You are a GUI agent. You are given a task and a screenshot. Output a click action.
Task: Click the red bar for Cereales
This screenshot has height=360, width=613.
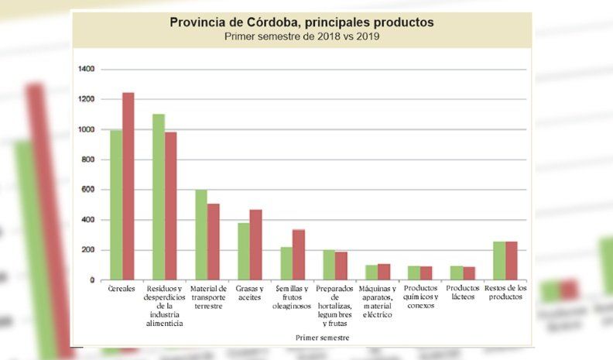coord(128,187)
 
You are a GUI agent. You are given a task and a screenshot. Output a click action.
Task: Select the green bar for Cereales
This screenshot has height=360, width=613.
coord(116,205)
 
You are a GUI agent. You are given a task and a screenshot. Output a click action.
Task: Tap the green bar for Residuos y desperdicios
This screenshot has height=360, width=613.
coord(159,197)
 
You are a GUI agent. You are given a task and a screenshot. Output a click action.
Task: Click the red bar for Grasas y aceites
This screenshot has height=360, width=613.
coord(255,245)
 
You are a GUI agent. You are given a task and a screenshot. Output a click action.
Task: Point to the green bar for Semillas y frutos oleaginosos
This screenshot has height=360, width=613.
coord(286,263)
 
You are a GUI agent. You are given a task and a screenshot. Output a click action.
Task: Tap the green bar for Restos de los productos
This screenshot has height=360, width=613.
coord(499,261)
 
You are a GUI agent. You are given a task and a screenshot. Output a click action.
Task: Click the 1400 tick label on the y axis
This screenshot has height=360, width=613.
coord(87,70)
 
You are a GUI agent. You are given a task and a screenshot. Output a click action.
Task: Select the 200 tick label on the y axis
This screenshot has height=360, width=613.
coord(88,250)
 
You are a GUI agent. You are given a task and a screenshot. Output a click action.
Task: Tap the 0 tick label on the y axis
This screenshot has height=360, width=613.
coord(92,280)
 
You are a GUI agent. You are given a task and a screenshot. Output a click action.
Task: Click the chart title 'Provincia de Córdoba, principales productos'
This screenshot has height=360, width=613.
coord(302,22)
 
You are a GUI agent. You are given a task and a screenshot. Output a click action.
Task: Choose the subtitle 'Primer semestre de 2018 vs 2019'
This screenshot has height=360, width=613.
coord(302,36)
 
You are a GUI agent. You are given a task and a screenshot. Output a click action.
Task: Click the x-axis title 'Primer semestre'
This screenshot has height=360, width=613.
coord(322,338)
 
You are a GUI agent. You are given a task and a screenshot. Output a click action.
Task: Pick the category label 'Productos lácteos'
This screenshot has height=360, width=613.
coord(463,293)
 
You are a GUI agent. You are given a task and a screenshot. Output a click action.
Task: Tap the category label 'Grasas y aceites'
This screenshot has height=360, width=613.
coord(249,293)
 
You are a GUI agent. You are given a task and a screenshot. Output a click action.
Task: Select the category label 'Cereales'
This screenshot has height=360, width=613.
coord(122,289)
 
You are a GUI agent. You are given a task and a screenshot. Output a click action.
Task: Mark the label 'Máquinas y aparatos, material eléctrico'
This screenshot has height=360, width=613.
coord(378,301)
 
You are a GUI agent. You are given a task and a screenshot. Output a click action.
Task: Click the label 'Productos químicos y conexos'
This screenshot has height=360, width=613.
coord(420,297)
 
